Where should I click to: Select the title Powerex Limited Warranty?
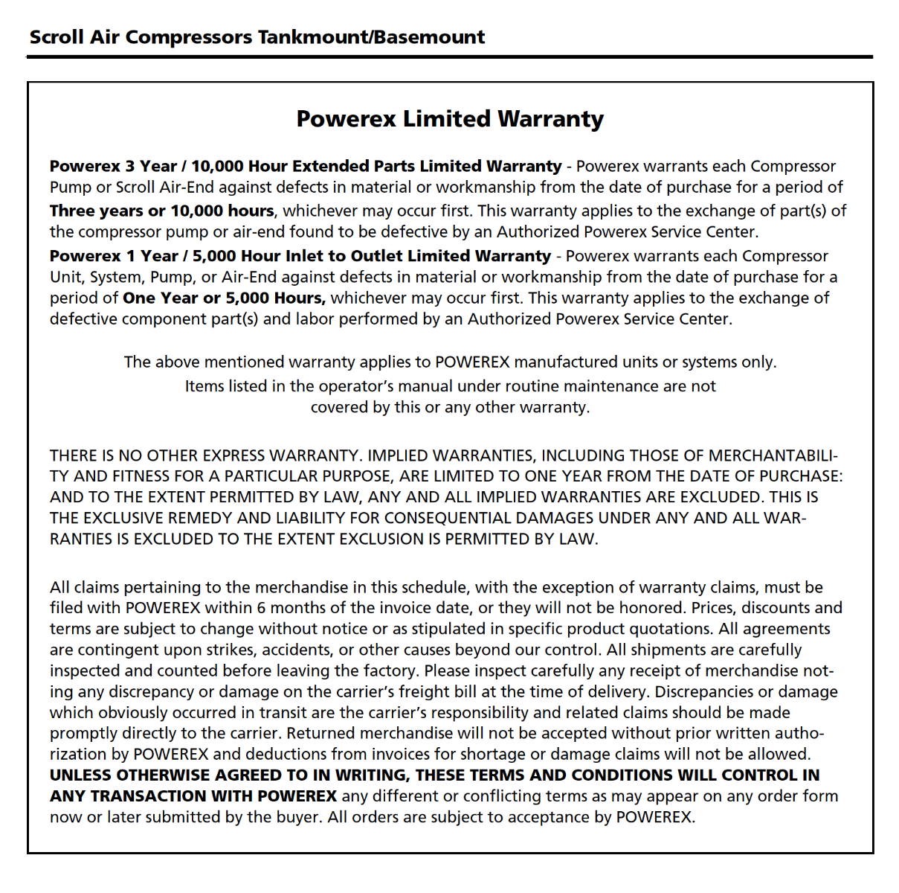coord(450,119)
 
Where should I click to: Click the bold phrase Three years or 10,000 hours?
coord(161,211)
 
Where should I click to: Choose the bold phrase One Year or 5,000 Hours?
coord(224,298)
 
